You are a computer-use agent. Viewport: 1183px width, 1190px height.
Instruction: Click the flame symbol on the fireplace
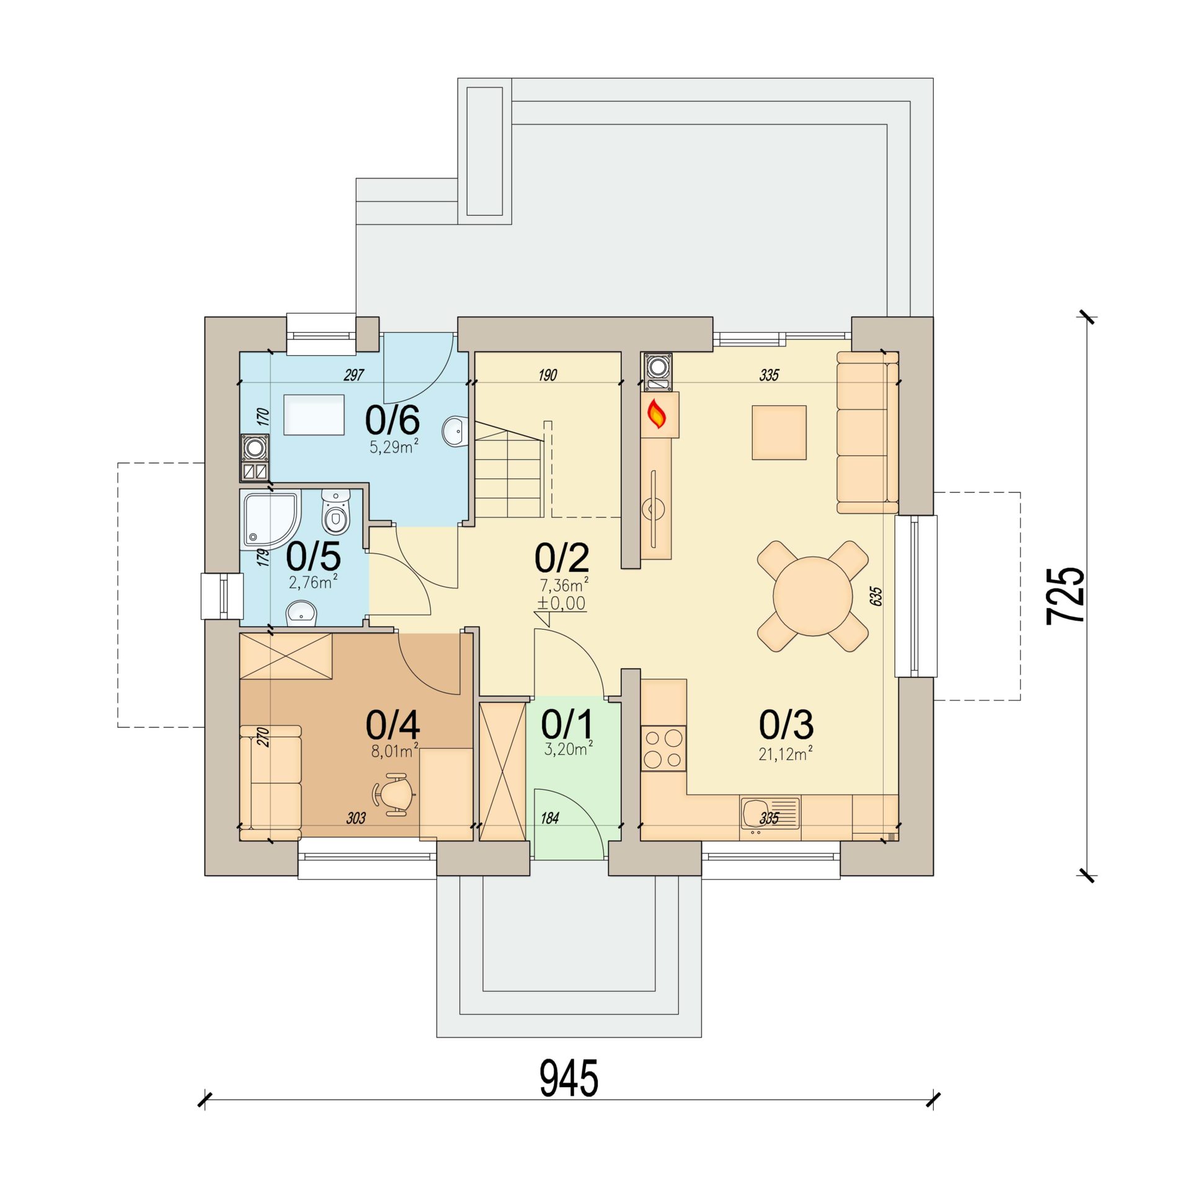(x=657, y=413)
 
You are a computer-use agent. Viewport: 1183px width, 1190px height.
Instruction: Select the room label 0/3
(x=786, y=724)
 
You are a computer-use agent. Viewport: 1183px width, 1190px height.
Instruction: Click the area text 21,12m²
(x=786, y=754)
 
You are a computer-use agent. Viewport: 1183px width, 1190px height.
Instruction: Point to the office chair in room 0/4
(x=393, y=794)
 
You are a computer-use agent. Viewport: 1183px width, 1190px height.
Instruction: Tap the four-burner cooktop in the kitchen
(x=663, y=748)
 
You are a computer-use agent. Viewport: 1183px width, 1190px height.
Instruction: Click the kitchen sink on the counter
(x=769, y=813)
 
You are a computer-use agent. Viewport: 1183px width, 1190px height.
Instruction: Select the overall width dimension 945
(x=569, y=1077)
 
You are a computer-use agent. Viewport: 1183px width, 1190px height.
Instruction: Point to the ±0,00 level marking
(x=561, y=603)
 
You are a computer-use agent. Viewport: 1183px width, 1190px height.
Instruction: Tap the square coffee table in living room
(x=779, y=433)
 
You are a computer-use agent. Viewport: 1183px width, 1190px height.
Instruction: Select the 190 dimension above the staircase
(x=547, y=375)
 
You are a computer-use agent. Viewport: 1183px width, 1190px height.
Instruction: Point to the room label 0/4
(x=392, y=724)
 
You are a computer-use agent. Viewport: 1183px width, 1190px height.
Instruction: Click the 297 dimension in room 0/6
(x=353, y=375)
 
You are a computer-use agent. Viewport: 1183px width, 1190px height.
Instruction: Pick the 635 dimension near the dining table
(x=875, y=596)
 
